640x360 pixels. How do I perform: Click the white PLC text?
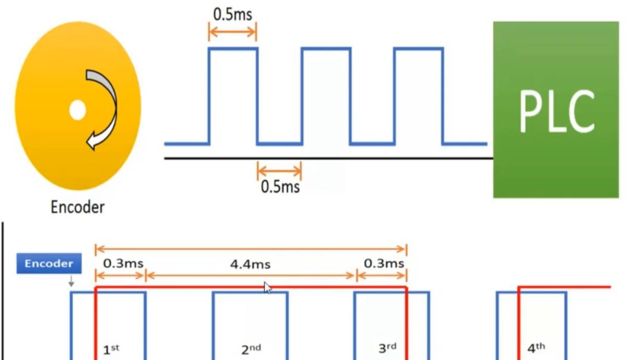click(557, 111)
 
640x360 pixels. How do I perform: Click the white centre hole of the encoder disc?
click(77, 110)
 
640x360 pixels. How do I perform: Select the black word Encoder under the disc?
click(77, 207)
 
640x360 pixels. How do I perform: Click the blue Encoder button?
click(49, 263)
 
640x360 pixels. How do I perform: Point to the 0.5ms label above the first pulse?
click(233, 14)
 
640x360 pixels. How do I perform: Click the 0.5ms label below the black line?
click(280, 187)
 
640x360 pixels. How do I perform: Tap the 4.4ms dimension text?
click(250, 265)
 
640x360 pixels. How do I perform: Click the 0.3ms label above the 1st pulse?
click(123, 263)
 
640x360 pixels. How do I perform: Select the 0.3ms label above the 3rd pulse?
click(384, 263)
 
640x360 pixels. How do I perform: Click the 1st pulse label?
click(111, 350)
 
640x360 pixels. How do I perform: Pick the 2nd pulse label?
click(251, 350)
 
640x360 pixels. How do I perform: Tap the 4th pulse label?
click(536, 348)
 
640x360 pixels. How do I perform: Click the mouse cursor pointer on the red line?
click(268, 287)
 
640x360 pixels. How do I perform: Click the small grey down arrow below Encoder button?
click(71, 281)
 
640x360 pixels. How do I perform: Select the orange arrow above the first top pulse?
click(233, 32)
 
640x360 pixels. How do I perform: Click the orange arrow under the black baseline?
click(279, 171)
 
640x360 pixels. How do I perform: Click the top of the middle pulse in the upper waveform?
click(326, 49)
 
